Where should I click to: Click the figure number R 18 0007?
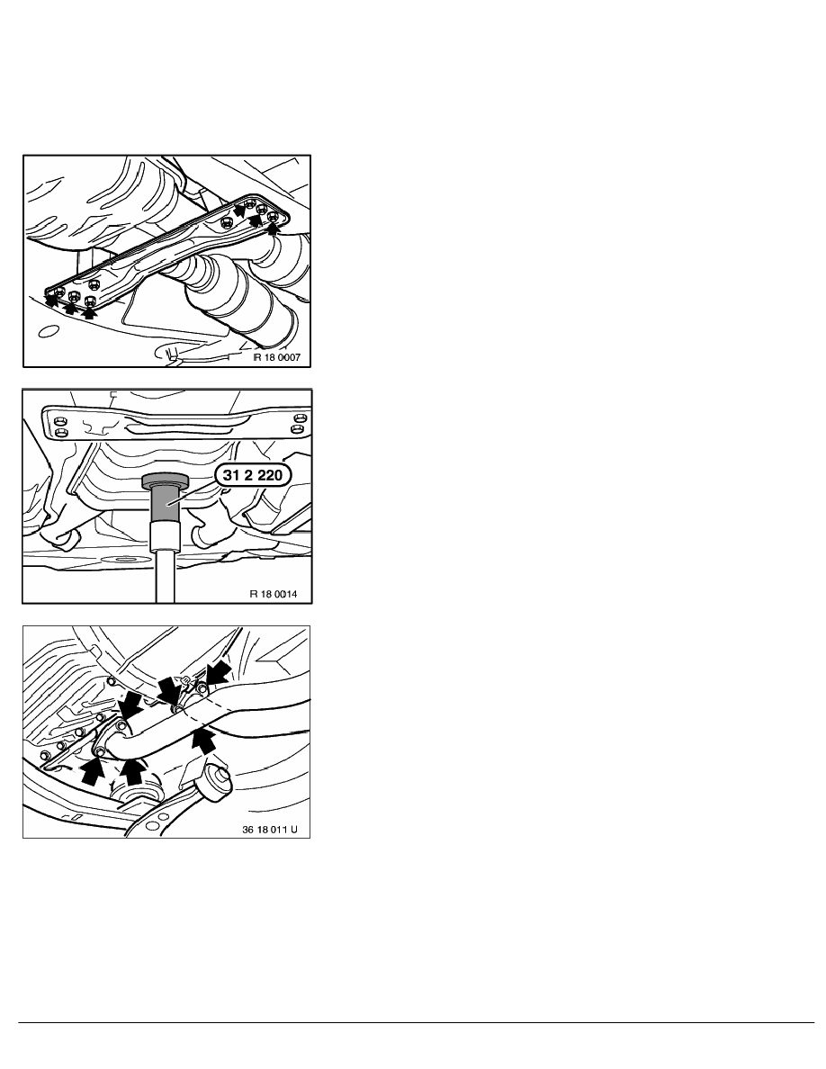[x=277, y=357]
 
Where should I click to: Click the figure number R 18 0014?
[x=274, y=594]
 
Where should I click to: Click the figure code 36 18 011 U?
[x=270, y=831]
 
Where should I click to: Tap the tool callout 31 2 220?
[x=252, y=475]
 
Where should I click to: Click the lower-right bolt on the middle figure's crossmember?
[x=296, y=429]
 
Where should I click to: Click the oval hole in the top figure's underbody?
[x=48, y=333]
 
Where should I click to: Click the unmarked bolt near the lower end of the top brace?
[x=94, y=283]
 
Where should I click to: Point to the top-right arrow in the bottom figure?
[x=219, y=674]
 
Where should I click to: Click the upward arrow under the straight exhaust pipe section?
[x=203, y=741]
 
